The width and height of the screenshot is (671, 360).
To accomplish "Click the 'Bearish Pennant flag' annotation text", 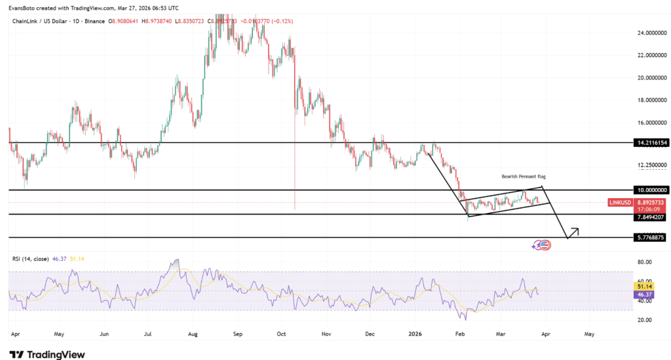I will pos(523,177).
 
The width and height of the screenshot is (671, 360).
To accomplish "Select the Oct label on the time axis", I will pos(282,333).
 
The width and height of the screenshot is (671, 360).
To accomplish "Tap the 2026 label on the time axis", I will pos(415,333).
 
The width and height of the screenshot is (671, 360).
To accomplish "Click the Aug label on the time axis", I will pos(193,333).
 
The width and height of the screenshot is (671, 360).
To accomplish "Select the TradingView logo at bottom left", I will pos(48,355).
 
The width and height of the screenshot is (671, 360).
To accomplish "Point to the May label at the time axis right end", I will pos(589,333).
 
